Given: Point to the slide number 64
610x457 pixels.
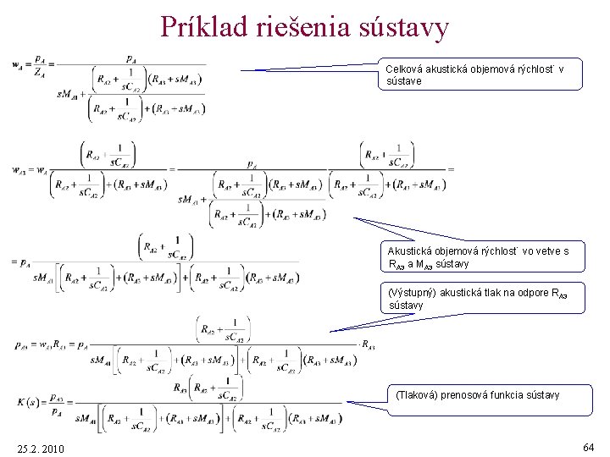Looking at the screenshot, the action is click(x=588, y=445).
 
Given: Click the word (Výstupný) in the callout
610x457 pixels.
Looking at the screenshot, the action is click(x=412, y=293).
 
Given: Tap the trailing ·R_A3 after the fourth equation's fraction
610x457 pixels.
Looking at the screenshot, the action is click(x=367, y=344).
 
